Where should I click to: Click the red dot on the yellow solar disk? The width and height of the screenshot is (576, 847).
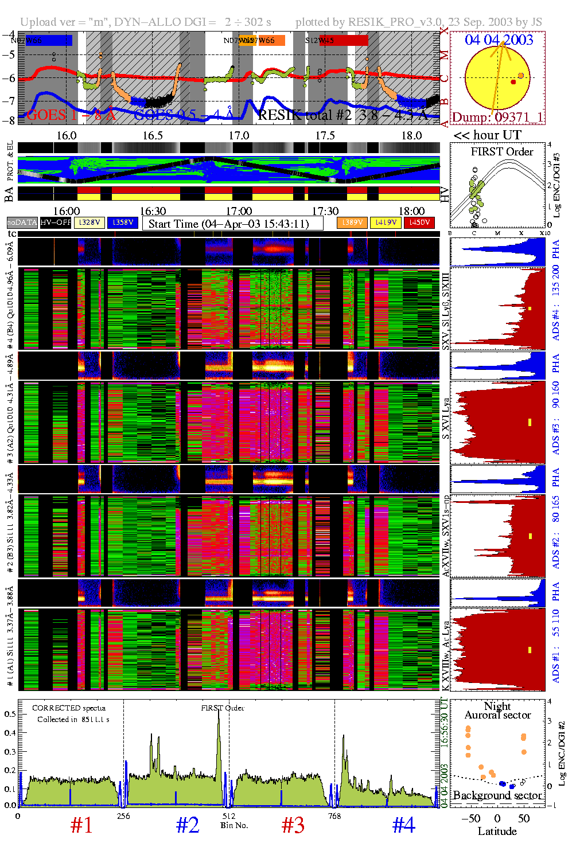tap(513, 82)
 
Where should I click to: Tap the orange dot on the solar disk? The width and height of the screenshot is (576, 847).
tap(520, 76)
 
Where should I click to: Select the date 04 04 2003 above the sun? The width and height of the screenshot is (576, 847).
tap(499, 40)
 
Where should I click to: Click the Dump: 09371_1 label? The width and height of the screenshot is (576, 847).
tap(497, 117)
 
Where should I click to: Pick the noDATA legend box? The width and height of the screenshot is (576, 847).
tap(22, 223)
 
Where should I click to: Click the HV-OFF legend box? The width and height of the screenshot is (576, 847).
tap(56, 223)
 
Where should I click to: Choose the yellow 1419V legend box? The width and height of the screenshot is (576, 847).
tap(386, 223)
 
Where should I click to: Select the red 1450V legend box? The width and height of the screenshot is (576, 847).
tap(419, 223)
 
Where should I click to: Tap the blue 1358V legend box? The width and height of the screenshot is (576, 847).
tap(123, 223)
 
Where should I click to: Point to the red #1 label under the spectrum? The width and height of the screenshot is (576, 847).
tap(81, 825)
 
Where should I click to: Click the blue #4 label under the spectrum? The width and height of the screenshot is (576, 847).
tap(403, 825)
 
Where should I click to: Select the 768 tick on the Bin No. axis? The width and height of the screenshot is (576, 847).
tap(334, 816)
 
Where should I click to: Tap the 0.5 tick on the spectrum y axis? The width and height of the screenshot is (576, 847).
tap(10, 714)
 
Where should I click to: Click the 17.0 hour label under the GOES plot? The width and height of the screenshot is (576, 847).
tap(239, 135)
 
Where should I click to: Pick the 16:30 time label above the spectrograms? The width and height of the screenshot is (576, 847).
tap(153, 212)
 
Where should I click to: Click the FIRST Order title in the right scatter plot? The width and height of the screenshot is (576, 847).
tap(502, 151)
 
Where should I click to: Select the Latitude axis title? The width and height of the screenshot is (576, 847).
tap(497, 832)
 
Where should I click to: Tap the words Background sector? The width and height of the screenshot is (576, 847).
tap(497, 795)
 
